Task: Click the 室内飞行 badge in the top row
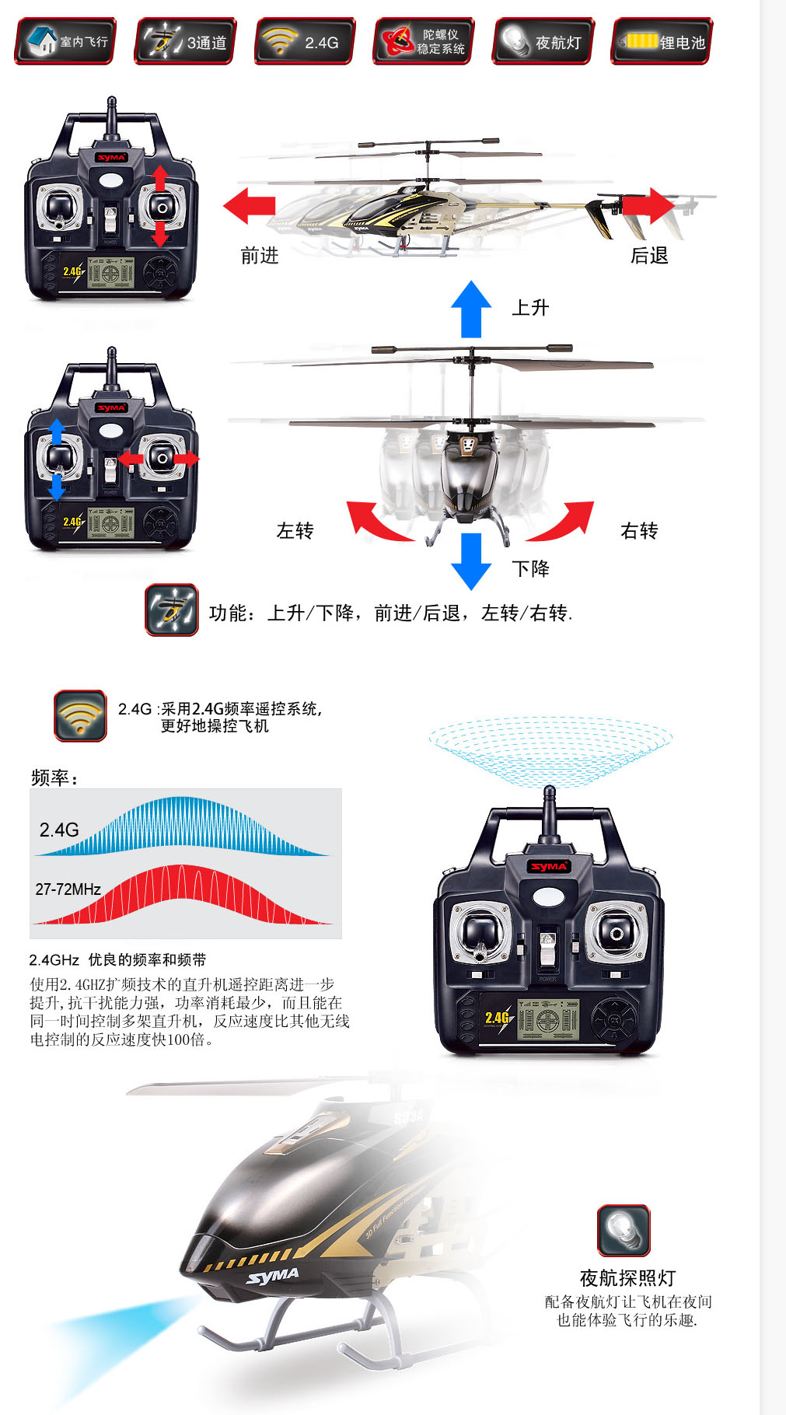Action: (65, 41)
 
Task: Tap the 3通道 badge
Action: (185, 41)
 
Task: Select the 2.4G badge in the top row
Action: (305, 41)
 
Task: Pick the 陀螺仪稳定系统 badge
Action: (424, 41)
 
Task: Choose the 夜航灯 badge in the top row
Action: (543, 41)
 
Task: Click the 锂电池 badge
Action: (662, 41)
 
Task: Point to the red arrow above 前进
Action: (249, 206)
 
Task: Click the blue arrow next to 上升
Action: (471, 309)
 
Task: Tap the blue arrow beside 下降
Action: (471, 561)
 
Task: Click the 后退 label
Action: (649, 255)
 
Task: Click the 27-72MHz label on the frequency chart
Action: (68, 889)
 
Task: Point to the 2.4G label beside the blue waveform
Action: (59, 830)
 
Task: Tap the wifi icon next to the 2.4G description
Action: (80, 715)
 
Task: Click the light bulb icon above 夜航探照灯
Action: (624, 1230)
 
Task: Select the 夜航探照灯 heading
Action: (627, 1278)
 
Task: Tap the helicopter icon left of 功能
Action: (172, 610)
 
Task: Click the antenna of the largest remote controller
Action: (548, 812)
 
